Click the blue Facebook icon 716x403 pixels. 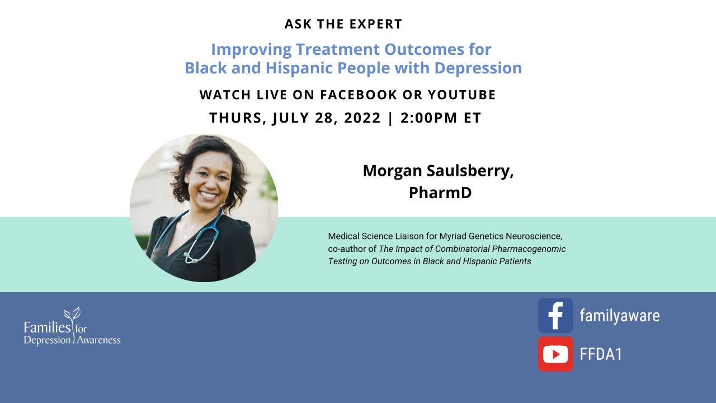[x=555, y=316]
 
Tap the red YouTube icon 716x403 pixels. [x=555, y=354]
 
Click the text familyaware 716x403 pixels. [x=619, y=316]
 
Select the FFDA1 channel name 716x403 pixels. [x=601, y=354]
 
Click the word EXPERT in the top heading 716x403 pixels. [x=374, y=24]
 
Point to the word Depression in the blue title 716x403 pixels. [x=480, y=68]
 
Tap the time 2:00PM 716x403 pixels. [x=428, y=118]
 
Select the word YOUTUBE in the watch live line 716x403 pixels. [x=461, y=95]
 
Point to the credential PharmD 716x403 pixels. [x=440, y=192]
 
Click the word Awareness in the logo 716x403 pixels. [x=98, y=340]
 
